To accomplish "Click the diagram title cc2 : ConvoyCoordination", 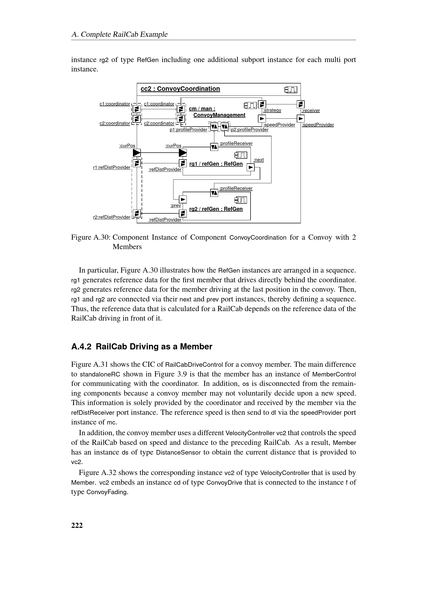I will coord(180,89).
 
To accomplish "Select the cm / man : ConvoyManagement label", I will coord(217,112).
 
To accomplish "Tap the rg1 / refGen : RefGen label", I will coord(216,164).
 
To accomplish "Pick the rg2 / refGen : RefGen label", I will coord(216,209).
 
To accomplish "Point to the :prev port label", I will coord(175,205).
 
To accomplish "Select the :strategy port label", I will coord(272,110).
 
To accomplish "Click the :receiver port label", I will coord(311,111).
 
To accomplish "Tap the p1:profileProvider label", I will coord(188,129).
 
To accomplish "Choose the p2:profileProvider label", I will coord(250,129).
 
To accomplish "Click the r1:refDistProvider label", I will coord(111,167).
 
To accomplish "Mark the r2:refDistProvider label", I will coord(111,217).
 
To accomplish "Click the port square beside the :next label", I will coord(251,167).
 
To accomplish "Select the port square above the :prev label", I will coord(183,199).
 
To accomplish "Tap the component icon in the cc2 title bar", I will coord(291,90).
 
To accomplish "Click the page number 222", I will coord(77,526).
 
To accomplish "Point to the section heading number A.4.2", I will coord(81,347).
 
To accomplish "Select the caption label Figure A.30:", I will coord(91,237).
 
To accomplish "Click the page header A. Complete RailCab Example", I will coord(119,34).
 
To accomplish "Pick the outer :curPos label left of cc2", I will coord(127,146).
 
